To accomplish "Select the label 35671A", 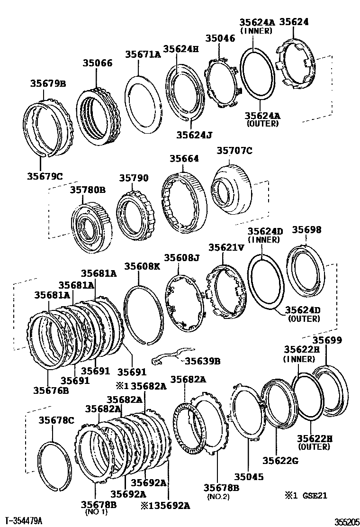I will (143, 55).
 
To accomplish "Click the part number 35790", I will (134, 178).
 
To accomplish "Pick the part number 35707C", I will (234, 151).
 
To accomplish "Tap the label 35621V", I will (226, 247).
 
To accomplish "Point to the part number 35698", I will (306, 229).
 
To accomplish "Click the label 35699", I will (327, 340).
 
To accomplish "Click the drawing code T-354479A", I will (24, 521).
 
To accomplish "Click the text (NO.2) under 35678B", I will (218, 497).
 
